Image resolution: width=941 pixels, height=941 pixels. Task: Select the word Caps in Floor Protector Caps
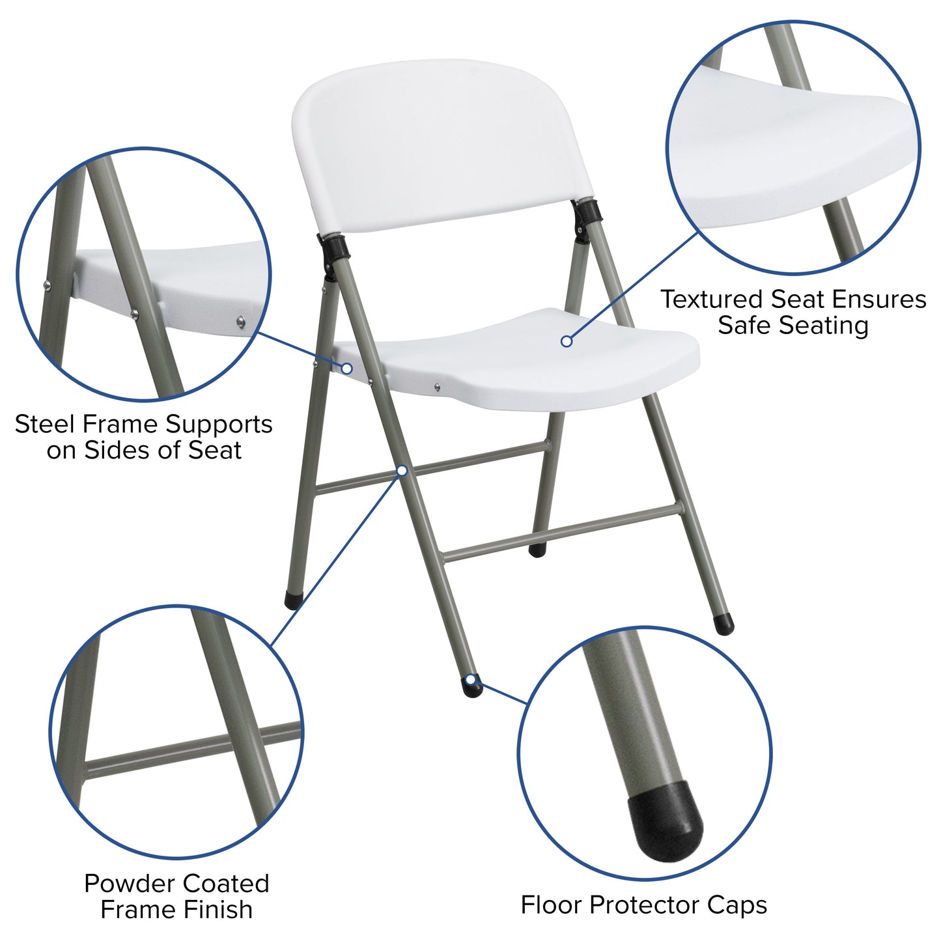point(737,905)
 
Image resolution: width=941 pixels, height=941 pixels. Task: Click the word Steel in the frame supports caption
point(43,425)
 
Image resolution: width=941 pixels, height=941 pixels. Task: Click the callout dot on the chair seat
point(567,341)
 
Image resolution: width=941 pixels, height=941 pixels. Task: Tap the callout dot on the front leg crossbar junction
point(402,470)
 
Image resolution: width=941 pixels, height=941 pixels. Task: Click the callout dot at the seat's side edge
point(347,369)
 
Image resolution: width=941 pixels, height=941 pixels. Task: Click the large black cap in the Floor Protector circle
point(665,821)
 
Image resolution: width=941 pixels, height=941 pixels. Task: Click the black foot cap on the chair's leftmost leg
point(293,599)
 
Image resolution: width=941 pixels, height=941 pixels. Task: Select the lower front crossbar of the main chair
point(560,533)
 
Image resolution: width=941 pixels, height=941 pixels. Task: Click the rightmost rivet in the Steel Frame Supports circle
point(241,320)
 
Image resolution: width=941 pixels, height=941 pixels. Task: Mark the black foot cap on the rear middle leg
point(537,550)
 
